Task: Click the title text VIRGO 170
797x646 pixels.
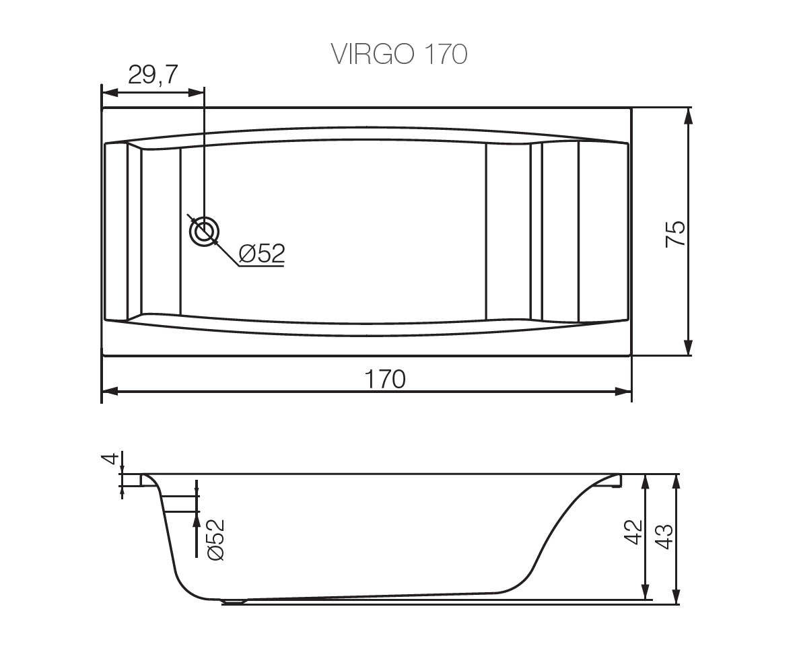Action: [399, 54]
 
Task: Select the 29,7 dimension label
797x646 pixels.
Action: [153, 75]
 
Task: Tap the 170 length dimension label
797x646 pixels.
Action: [386, 379]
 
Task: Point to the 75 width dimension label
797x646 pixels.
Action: [676, 234]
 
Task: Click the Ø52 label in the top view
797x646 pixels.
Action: [261, 253]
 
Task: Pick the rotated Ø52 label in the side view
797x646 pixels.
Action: [215, 539]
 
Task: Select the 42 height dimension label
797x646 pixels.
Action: [633, 532]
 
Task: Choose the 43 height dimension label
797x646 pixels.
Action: [664, 537]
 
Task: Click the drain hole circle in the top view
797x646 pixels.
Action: [205, 233]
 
